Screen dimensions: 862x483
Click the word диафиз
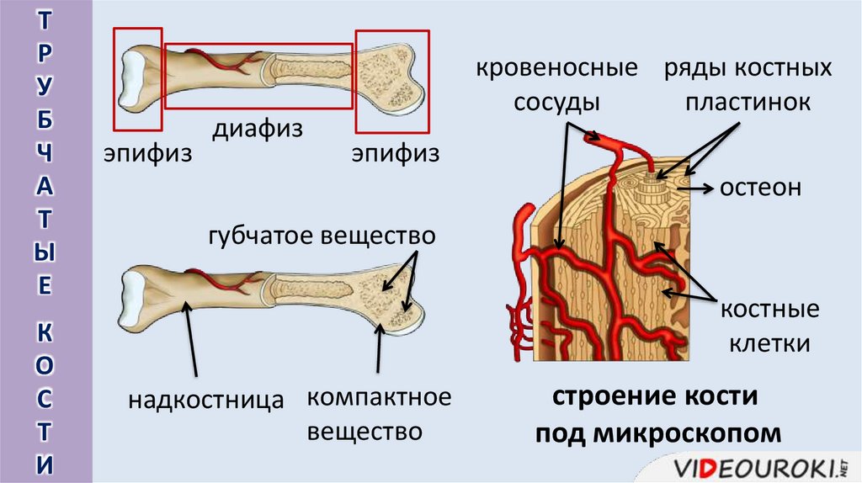(257, 130)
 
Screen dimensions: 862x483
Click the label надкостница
(205, 400)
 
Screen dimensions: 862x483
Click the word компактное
(379, 396)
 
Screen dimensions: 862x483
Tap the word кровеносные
(556, 68)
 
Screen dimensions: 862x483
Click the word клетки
(769, 343)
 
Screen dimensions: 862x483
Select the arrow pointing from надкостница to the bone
(193, 341)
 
